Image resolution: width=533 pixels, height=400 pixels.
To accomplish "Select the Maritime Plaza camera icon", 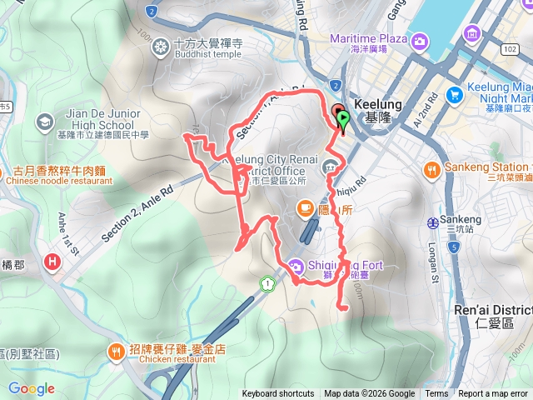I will [421, 40].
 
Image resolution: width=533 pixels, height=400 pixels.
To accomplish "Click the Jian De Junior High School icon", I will [42, 122].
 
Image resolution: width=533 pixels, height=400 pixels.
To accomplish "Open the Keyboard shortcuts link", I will [278, 394].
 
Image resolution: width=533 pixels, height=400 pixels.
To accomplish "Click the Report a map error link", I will [494, 394].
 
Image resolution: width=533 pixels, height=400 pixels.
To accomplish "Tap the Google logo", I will [31, 388].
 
